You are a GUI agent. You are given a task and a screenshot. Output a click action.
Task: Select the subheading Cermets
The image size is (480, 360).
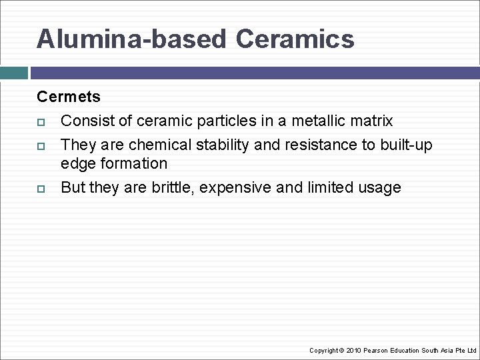[69, 97]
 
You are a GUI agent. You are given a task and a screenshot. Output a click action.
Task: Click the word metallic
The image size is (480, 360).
[318, 121]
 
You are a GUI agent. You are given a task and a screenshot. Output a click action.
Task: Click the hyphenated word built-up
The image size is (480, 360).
[405, 145]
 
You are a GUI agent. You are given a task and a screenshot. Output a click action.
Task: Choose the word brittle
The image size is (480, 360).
[173, 187]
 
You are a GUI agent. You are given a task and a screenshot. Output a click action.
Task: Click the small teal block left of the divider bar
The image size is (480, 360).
[13, 73]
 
